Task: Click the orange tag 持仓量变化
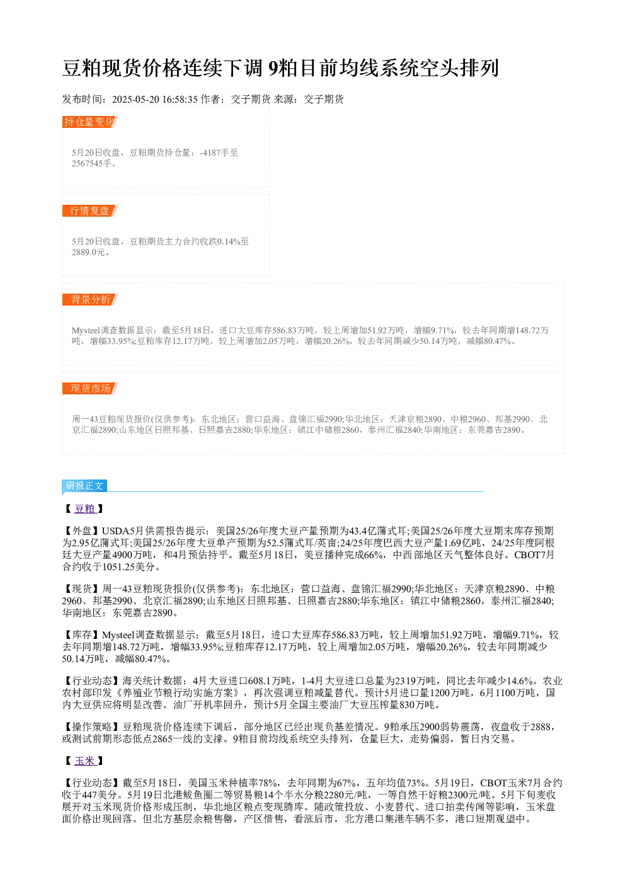90,122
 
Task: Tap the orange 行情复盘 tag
90,210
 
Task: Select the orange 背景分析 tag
90,299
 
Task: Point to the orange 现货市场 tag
90,388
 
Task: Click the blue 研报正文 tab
84,486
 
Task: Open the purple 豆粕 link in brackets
85,508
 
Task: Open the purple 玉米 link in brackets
85,761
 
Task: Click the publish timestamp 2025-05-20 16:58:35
154,100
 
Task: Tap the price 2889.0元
89,252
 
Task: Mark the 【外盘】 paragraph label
82,531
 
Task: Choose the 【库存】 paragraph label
82,635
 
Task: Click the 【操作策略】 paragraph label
92,727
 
